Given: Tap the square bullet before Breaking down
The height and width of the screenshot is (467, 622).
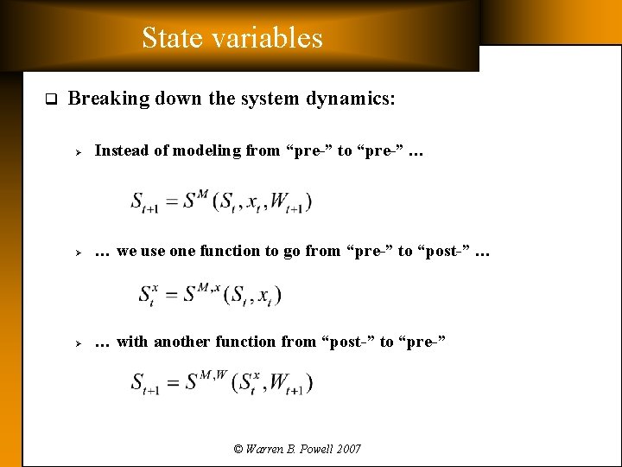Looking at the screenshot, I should point(50,99).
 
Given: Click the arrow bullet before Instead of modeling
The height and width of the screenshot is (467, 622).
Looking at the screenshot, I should point(77,151).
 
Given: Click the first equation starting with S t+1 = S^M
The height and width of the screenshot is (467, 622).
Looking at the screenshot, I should point(221,202).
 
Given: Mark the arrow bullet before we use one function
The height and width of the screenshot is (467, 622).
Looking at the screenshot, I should point(77,252).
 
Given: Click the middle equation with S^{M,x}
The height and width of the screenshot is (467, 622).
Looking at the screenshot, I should point(210,293).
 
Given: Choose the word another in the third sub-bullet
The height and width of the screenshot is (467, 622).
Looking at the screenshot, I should point(181,342).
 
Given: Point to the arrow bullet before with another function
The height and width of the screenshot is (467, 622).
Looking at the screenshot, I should point(77,342).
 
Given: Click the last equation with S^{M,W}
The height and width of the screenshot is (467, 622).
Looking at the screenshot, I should point(222,381).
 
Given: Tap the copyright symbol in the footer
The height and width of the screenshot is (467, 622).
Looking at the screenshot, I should point(238,449).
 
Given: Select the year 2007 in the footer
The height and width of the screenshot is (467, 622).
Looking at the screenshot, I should point(349,449).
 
